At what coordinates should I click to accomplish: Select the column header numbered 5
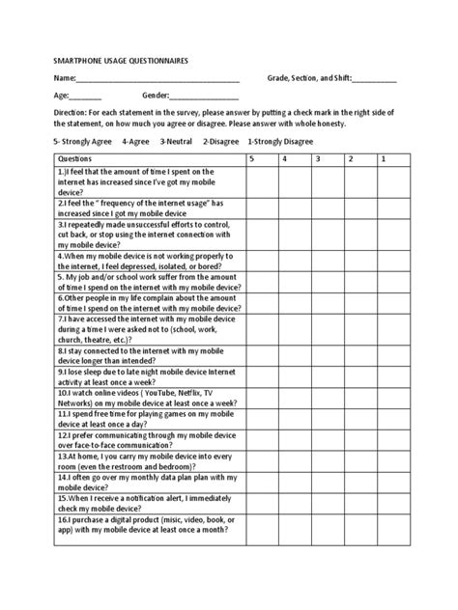pos(251,157)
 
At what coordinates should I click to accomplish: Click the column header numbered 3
pos(317,157)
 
